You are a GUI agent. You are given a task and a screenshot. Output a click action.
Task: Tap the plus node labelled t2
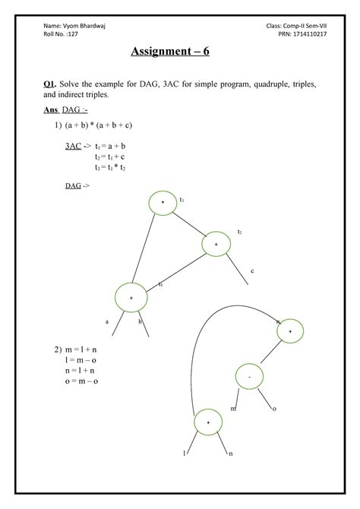pyautogui.click(x=216, y=245)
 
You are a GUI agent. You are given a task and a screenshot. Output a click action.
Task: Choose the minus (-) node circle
pyautogui.click(x=248, y=375)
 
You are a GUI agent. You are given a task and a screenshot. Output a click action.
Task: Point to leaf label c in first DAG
pyautogui.click(x=251, y=270)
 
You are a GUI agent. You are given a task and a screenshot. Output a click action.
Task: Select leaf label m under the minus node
pyautogui.click(x=233, y=409)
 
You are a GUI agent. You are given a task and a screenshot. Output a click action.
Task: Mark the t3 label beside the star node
pyautogui.click(x=181, y=200)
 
